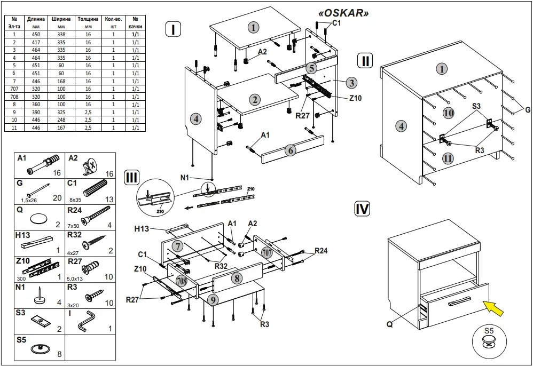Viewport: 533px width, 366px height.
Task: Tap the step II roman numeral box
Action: coord(365,60)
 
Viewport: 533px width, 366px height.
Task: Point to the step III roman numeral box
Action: coord(131,178)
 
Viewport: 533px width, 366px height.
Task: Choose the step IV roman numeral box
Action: coord(363,209)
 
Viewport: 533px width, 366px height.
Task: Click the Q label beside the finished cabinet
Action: coord(391,323)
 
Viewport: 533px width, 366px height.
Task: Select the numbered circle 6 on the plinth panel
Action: coord(290,150)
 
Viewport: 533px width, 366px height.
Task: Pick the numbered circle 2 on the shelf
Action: coord(255,99)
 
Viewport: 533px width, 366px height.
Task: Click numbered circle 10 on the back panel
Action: coord(448,113)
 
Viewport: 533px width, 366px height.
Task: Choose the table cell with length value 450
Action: coord(37,34)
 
